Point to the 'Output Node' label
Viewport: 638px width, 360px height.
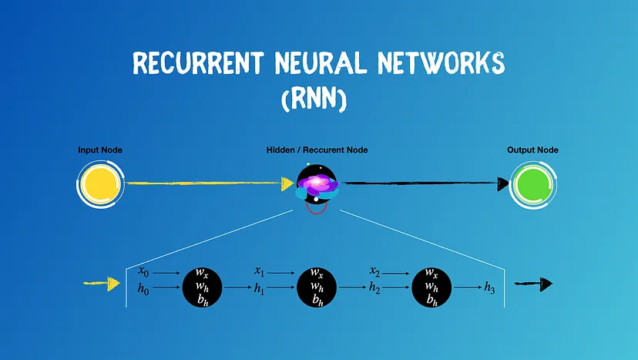532,150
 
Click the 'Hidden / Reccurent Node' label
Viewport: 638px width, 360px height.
316,150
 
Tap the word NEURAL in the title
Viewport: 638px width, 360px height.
323,64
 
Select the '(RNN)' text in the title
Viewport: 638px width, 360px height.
318,99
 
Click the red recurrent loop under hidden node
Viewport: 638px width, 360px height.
317,207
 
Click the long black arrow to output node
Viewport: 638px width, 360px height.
424,183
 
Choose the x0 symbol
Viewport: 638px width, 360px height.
143,271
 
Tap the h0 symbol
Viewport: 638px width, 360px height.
143,288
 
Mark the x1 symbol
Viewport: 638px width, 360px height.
260,271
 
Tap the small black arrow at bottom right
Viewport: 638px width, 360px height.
535,284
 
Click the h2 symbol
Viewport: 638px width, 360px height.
375,288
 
